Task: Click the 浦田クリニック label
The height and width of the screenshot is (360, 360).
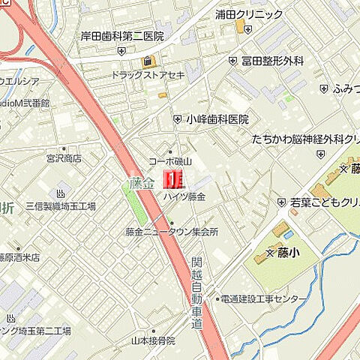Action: coord(248,14)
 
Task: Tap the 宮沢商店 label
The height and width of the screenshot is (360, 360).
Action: coord(62,159)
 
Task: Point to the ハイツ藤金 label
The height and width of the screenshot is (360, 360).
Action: coord(184,196)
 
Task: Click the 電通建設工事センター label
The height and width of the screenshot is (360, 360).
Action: coord(262,299)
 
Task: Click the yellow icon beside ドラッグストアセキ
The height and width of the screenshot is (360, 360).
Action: coord(148,61)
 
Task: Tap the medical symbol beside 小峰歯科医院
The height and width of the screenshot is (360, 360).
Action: coord(178,118)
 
